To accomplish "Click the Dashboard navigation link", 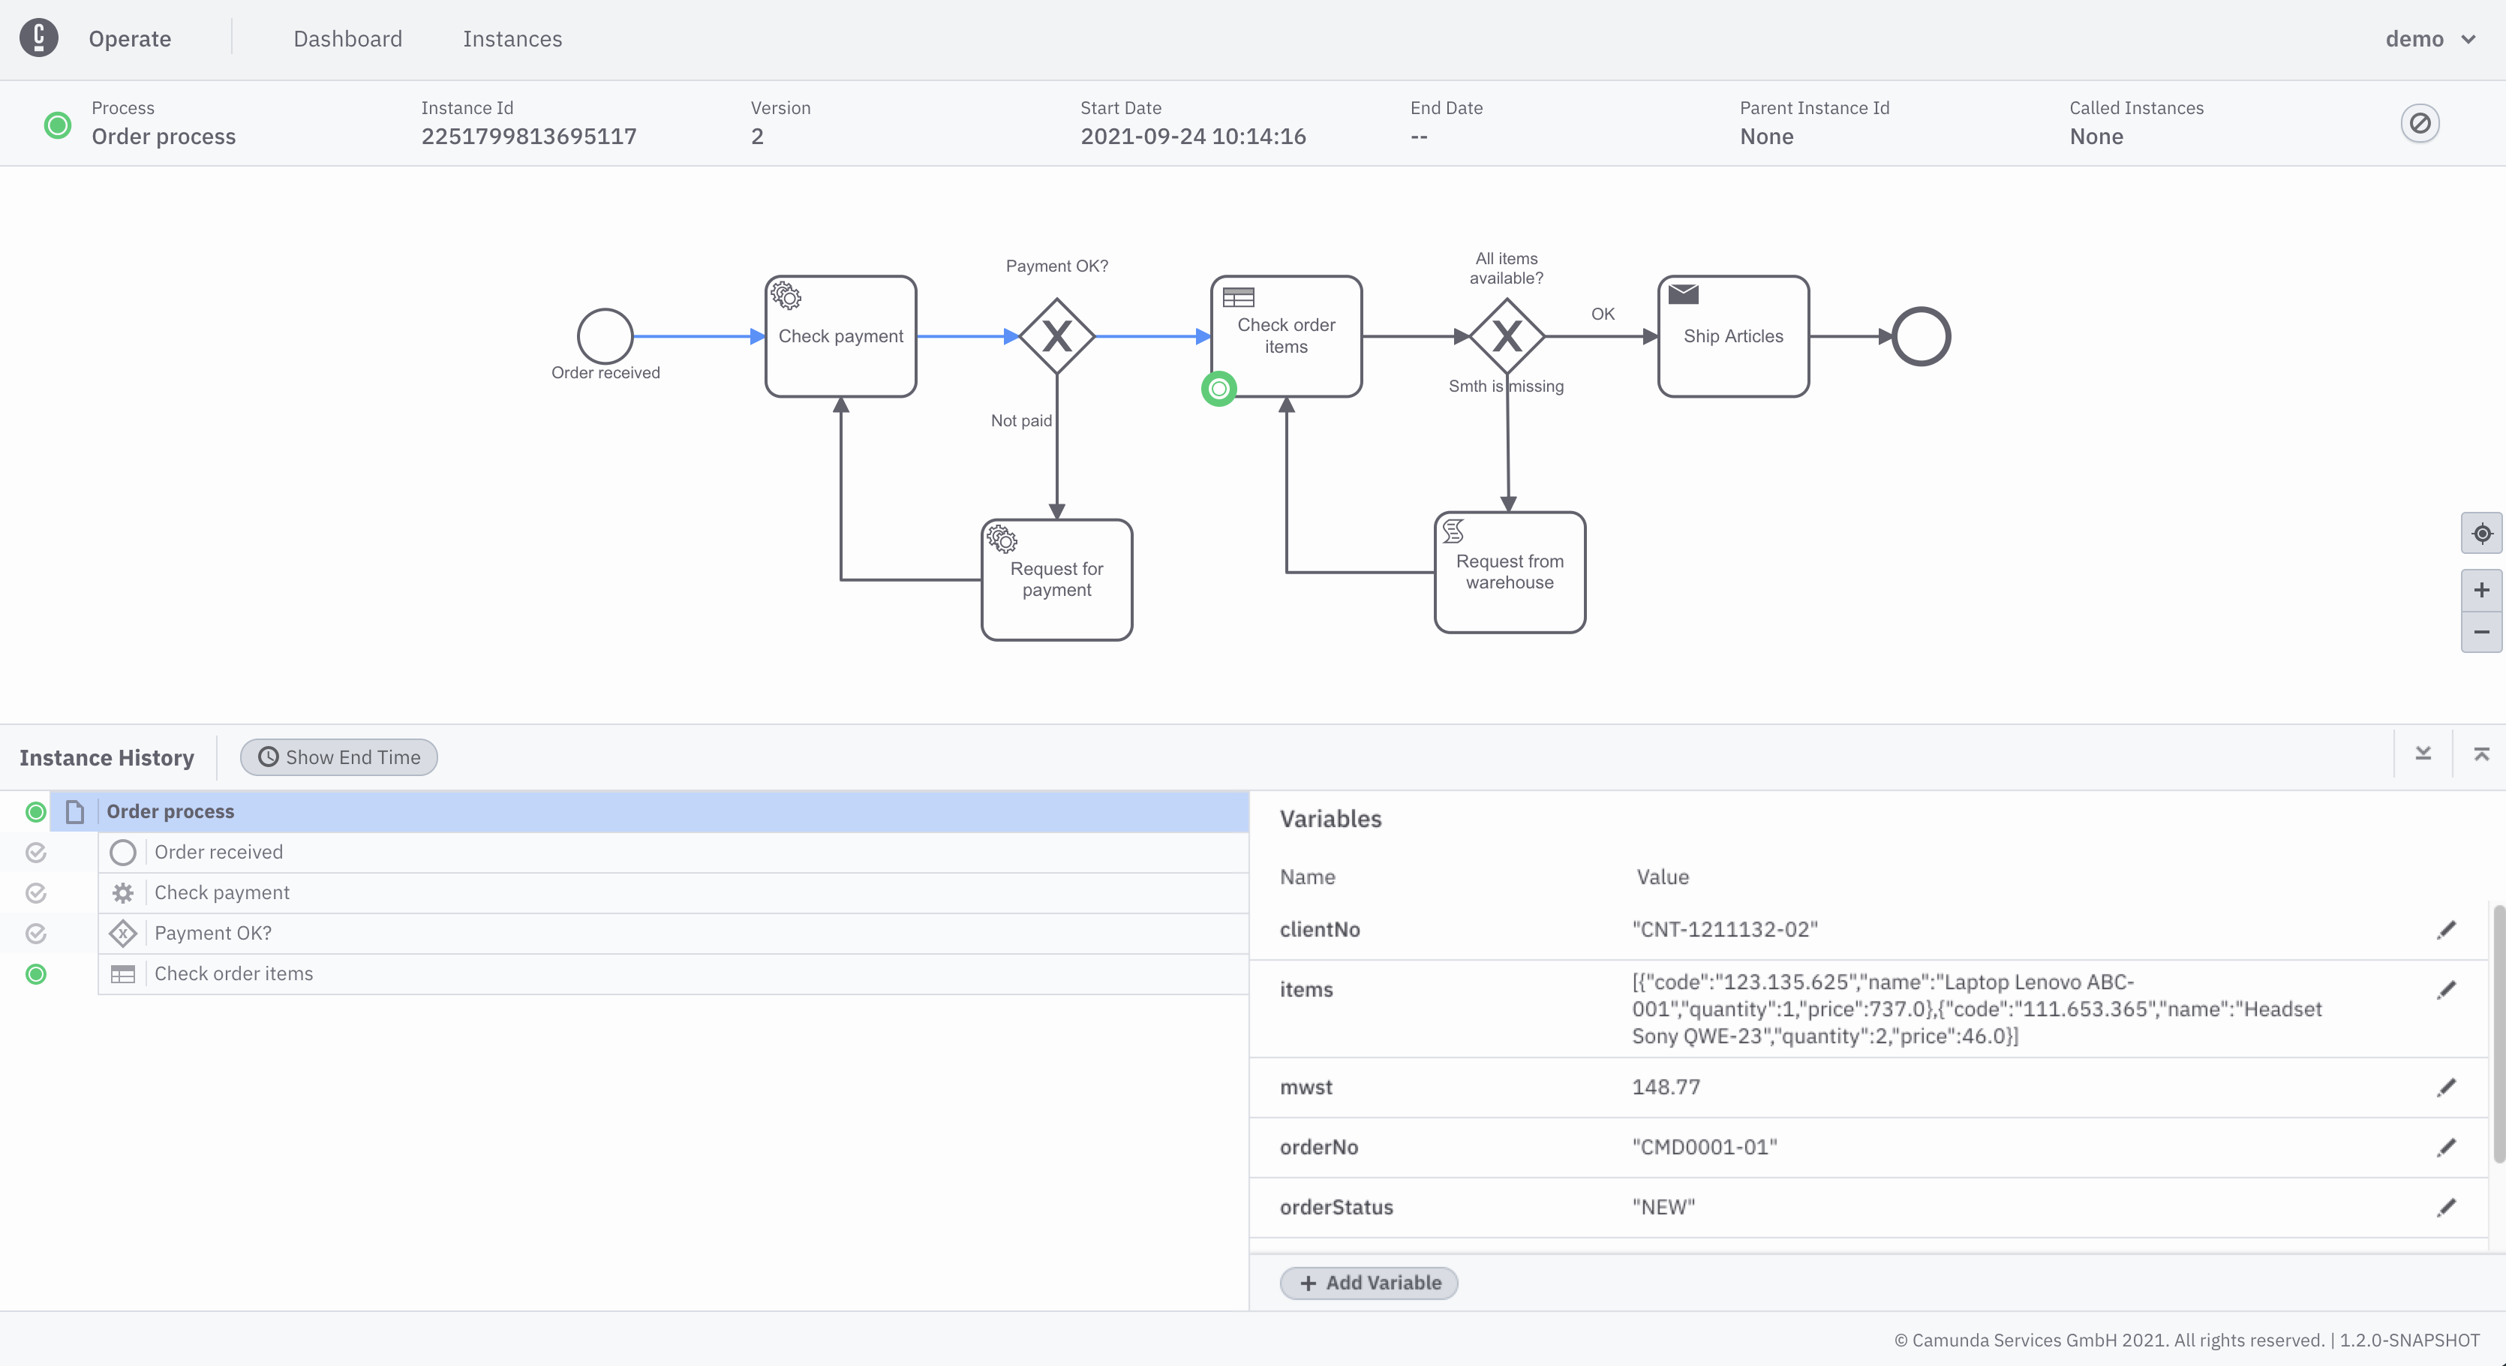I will pos(347,39).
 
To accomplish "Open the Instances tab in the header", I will pos(512,39).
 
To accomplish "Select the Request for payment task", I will pos(1056,580).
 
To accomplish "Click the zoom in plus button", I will pos(2480,591).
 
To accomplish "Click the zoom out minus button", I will pos(2480,633).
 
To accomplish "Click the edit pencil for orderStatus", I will pos(2446,1208).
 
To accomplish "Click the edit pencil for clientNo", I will pos(2446,930).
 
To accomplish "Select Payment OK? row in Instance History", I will pos(213,933).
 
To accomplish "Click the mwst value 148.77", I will pos(1666,1087).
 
